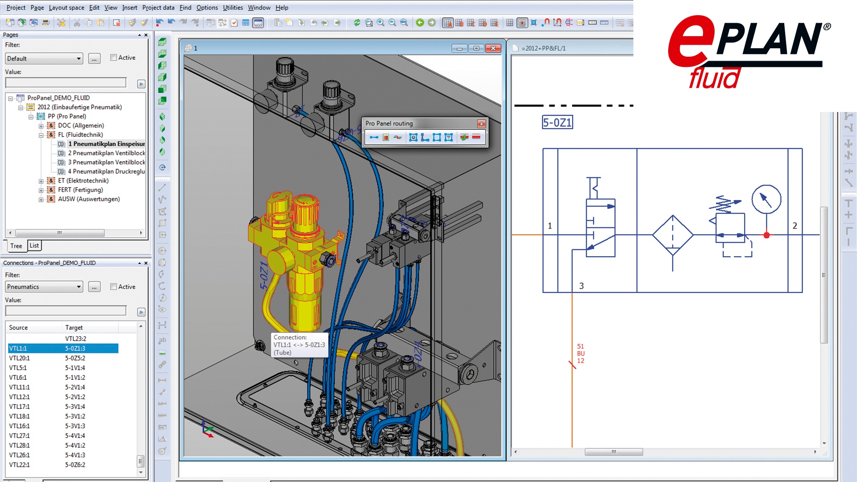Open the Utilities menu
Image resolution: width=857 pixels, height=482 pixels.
pos(233,8)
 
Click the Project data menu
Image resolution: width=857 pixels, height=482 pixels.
pos(158,8)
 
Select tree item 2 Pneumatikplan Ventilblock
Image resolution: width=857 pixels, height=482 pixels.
pos(106,153)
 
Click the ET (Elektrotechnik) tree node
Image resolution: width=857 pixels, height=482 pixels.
pos(83,181)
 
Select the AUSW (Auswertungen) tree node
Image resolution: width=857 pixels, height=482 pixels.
pos(88,199)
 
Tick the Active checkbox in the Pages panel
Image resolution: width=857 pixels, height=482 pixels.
pos(114,58)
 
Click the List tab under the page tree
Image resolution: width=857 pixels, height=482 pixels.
pos(34,245)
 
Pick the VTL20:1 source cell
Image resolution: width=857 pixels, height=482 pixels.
pos(19,358)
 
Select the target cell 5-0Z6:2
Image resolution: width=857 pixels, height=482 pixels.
pos(75,465)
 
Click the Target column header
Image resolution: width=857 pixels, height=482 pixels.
pos(74,328)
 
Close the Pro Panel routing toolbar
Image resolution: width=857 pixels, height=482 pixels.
pos(481,124)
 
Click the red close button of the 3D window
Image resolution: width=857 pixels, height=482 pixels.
pos(493,48)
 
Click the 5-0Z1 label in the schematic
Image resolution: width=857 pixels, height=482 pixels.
pos(557,122)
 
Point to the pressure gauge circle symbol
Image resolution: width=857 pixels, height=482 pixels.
pos(766,199)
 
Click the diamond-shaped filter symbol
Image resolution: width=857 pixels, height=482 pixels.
pos(673,235)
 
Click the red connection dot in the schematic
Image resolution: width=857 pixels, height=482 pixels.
pos(766,235)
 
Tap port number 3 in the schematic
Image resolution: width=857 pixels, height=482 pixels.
pos(581,286)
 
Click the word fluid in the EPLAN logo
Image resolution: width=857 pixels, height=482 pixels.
pos(714,79)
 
